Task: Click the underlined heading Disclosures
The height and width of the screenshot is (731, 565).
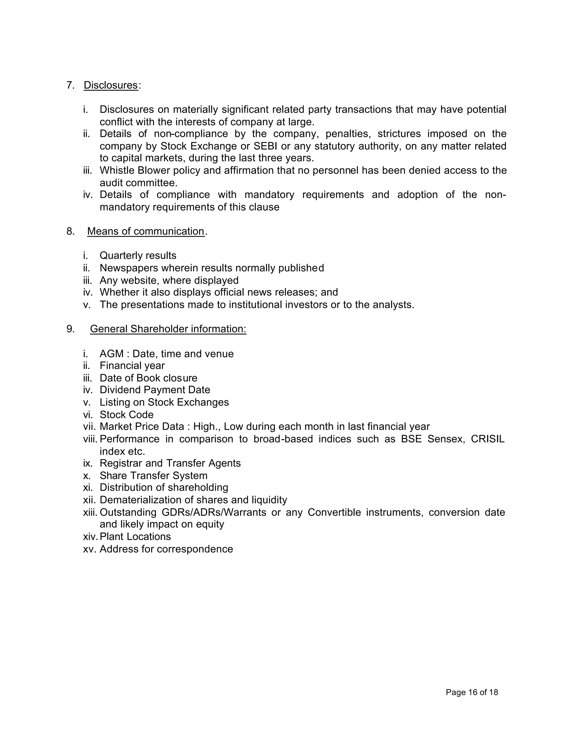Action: pos(110,85)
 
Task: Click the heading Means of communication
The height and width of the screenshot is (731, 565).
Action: pos(146,231)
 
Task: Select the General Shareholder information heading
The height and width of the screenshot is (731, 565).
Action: pos(168,329)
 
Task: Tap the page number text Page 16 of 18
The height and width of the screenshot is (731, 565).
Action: pos(471,692)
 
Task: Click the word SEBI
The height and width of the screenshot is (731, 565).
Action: pos(265,146)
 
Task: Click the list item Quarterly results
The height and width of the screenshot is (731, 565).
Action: pos(138,255)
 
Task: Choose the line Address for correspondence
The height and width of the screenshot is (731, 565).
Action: pos(166,549)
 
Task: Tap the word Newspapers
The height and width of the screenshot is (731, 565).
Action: pos(129,268)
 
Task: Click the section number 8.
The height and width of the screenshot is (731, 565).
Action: pos(70,231)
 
